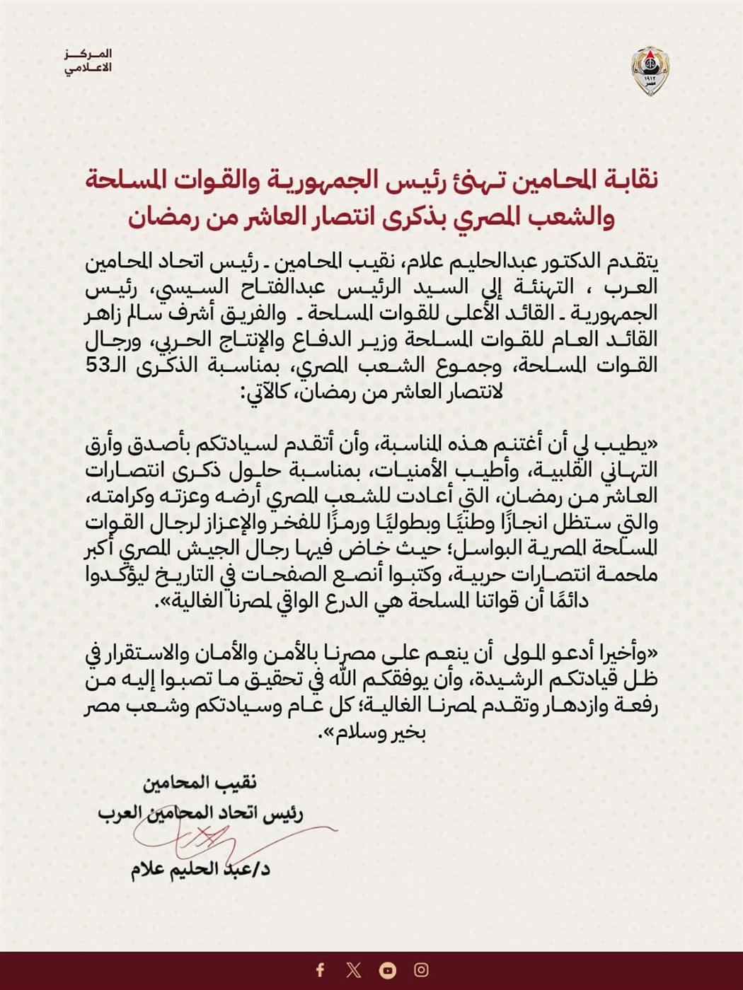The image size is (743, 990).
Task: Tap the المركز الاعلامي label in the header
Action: tap(89, 62)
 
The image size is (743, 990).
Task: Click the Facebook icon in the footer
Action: tap(320, 969)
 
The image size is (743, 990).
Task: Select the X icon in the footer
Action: tap(354, 969)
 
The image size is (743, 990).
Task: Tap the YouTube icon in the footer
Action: tap(388, 969)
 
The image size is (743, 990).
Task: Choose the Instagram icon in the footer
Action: tap(422, 969)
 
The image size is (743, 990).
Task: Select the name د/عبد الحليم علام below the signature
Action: tap(200, 869)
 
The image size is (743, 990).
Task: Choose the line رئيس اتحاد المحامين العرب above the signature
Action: tap(200, 814)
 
